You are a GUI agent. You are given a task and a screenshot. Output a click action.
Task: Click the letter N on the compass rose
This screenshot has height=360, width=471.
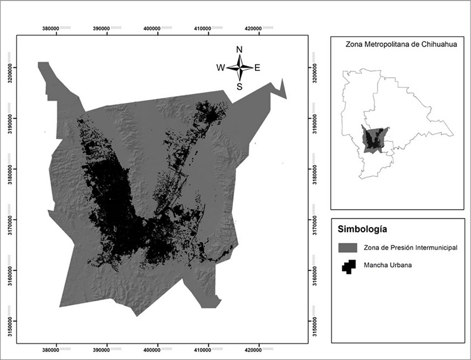pos(239,49)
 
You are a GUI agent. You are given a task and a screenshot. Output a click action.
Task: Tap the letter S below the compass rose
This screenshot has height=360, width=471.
pos(239,87)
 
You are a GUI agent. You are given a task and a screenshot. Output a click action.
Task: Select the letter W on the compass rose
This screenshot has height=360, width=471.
pos(220,68)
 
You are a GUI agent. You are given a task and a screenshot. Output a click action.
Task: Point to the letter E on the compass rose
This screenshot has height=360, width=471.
pos(258,68)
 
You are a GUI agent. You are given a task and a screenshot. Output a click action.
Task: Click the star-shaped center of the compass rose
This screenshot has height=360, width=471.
pos(239,68)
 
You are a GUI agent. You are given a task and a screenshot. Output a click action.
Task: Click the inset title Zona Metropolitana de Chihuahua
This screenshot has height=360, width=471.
pos(397,44)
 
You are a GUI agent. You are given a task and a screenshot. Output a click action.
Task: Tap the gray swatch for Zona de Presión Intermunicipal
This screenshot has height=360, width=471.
pos(348,247)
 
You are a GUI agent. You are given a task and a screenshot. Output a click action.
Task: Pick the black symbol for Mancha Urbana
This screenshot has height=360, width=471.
pos(348,266)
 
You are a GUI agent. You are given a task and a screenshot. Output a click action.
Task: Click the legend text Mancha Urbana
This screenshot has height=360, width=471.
pos(388,265)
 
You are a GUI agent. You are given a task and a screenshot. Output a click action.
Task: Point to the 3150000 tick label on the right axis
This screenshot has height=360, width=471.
pos(315,321)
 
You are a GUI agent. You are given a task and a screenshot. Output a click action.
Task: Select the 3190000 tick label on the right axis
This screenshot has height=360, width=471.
pos(315,118)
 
